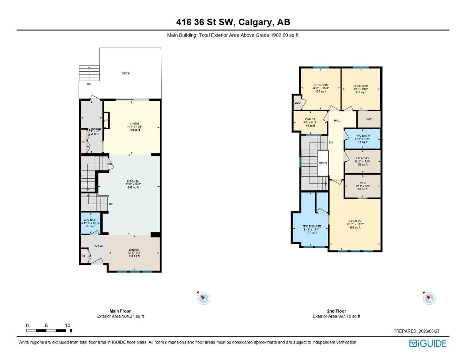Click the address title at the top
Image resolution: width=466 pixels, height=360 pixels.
click(x=233, y=22)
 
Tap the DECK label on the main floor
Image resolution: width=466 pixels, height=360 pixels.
click(x=126, y=73)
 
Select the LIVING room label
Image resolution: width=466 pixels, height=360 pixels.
click(x=134, y=124)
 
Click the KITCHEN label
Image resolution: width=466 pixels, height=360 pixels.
click(x=133, y=182)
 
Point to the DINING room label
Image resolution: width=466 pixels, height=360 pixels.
click(x=134, y=250)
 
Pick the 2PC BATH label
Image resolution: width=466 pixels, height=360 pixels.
click(x=90, y=220)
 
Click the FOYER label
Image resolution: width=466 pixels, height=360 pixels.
click(x=98, y=246)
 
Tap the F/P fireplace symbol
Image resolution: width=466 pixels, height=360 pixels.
click(x=106, y=121)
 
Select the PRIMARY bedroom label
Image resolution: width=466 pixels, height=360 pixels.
click(x=355, y=221)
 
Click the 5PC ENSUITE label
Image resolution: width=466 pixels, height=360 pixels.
click(x=312, y=226)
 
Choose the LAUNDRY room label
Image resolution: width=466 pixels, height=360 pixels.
click(x=362, y=159)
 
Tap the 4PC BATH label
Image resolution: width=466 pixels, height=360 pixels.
click(x=363, y=136)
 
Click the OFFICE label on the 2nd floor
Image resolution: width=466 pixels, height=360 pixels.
click(x=310, y=120)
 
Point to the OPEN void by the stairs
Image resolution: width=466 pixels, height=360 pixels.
click(x=323, y=163)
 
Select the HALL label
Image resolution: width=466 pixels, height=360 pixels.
click(x=337, y=121)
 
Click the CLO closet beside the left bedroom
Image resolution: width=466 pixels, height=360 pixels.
click(x=297, y=103)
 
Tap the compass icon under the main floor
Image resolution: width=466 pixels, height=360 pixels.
click(x=204, y=298)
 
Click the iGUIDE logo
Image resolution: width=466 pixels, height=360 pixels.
click(x=427, y=343)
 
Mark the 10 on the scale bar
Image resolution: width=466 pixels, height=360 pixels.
click(x=68, y=326)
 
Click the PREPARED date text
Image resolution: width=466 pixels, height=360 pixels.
click(x=416, y=331)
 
